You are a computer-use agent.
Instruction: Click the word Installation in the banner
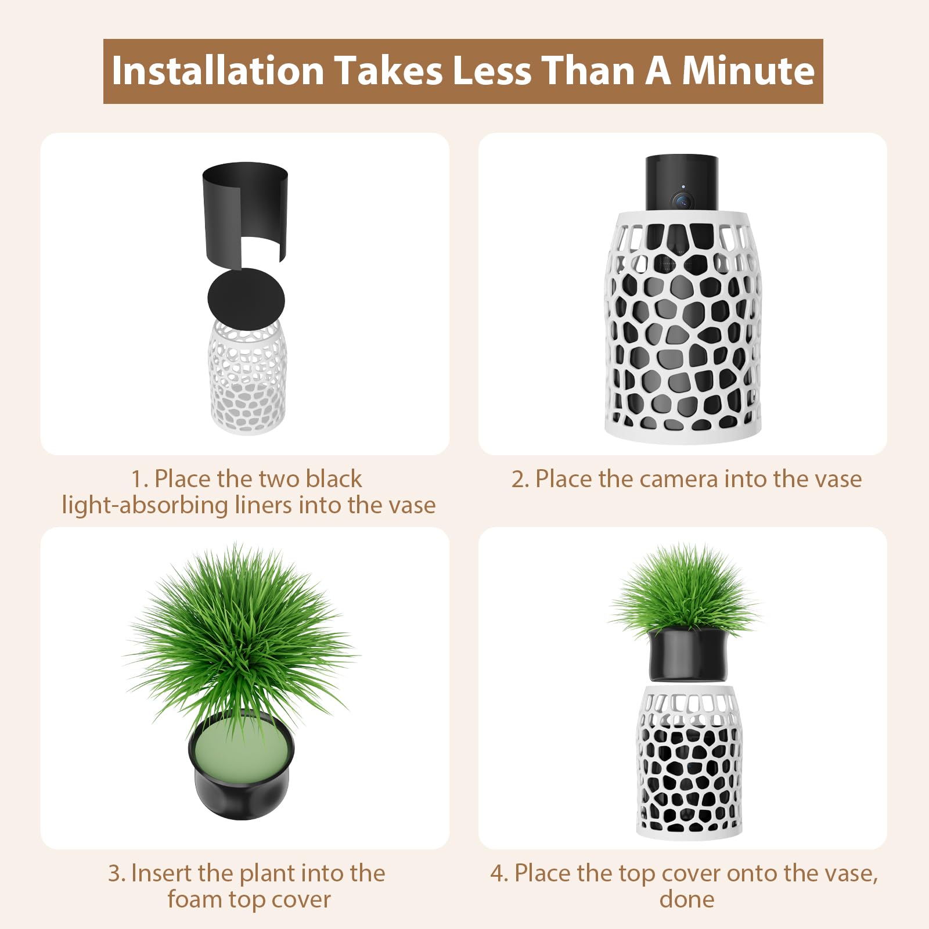[x=218, y=71]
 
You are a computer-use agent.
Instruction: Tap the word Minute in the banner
[x=748, y=71]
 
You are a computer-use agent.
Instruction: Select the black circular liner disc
[x=246, y=300]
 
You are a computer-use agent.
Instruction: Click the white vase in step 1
[x=247, y=377]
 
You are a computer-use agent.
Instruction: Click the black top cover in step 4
[x=687, y=655]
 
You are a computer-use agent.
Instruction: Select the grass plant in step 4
[x=685, y=589]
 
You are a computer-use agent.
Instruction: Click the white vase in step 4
[x=689, y=762]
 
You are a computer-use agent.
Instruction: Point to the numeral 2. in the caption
[x=520, y=480]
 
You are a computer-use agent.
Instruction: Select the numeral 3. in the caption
[x=117, y=874]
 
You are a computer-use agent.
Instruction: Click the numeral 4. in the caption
[x=500, y=874]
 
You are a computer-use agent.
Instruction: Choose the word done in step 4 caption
[x=687, y=899]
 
